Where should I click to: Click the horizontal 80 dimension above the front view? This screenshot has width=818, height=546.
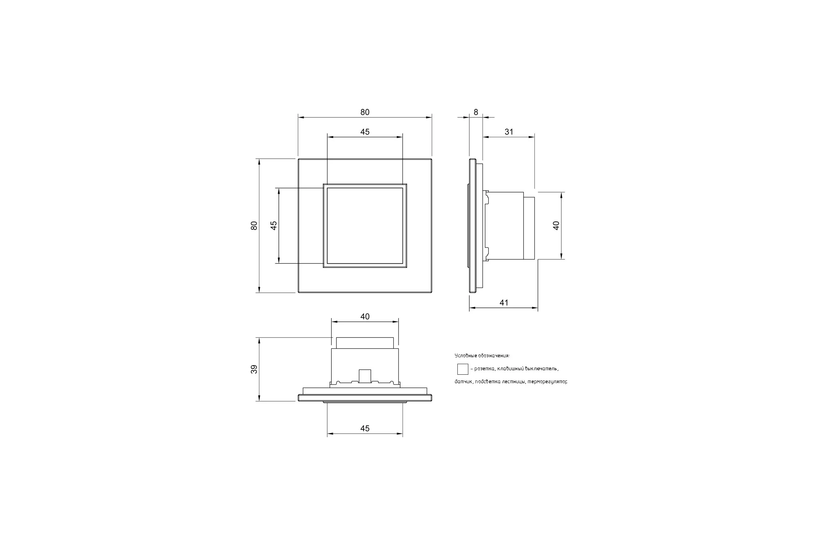point(365,112)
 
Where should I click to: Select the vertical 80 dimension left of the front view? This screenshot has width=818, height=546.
point(254,226)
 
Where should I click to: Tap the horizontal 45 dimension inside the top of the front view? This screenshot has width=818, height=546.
point(365,132)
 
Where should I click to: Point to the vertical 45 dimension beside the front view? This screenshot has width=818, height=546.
point(274,226)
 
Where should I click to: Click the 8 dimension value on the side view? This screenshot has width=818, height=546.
point(476,112)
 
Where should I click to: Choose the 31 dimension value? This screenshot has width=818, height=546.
point(509,132)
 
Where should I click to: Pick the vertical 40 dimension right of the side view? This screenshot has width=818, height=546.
point(556,226)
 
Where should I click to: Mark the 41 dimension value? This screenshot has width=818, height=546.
point(504,303)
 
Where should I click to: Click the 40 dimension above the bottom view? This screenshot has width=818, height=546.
point(365,317)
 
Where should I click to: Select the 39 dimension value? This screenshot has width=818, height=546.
point(254,369)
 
